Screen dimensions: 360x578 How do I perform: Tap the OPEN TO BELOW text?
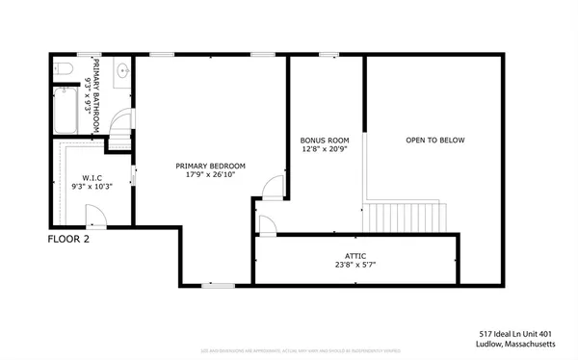pyautogui.click(x=434, y=141)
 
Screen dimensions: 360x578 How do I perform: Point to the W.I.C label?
pyautogui.click(x=92, y=177)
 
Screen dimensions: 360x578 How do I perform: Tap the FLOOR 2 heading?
pyautogui.click(x=68, y=240)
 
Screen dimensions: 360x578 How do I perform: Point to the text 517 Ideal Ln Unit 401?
pyautogui.click(x=520, y=332)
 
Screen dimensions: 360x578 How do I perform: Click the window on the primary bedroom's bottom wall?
pyautogui.click(x=220, y=284)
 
